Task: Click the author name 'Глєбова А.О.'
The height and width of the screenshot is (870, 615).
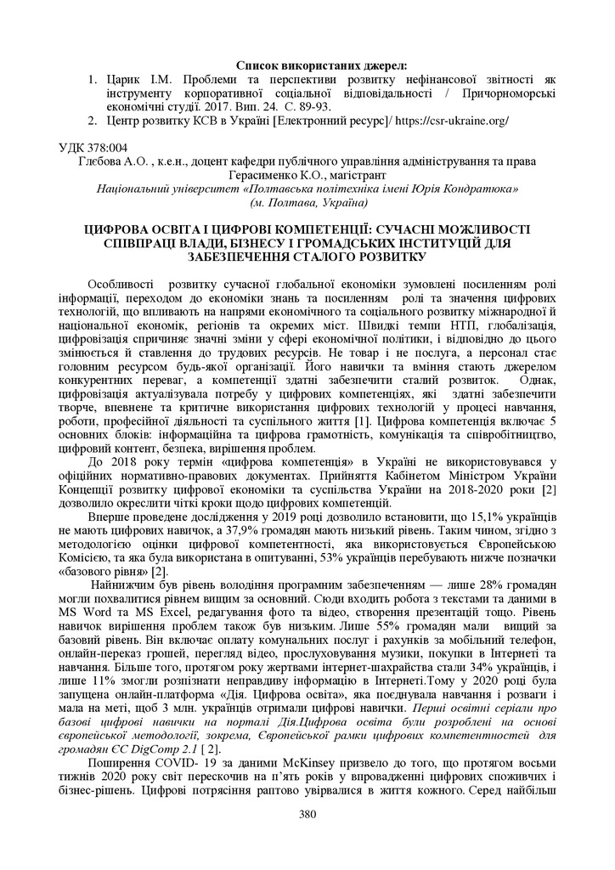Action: (110, 161)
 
